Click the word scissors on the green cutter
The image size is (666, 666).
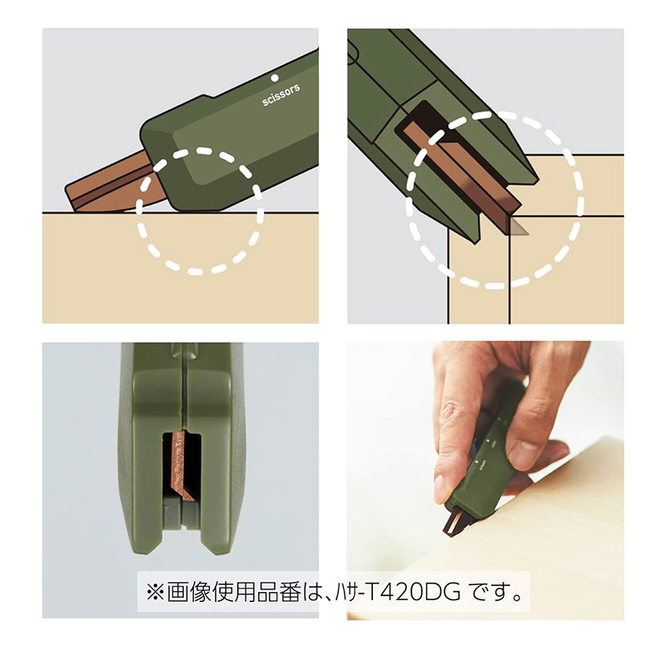click(x=281, y=95)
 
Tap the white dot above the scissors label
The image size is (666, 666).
click(x=275, y=77)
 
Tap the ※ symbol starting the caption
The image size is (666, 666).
click(x=155, y=592)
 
